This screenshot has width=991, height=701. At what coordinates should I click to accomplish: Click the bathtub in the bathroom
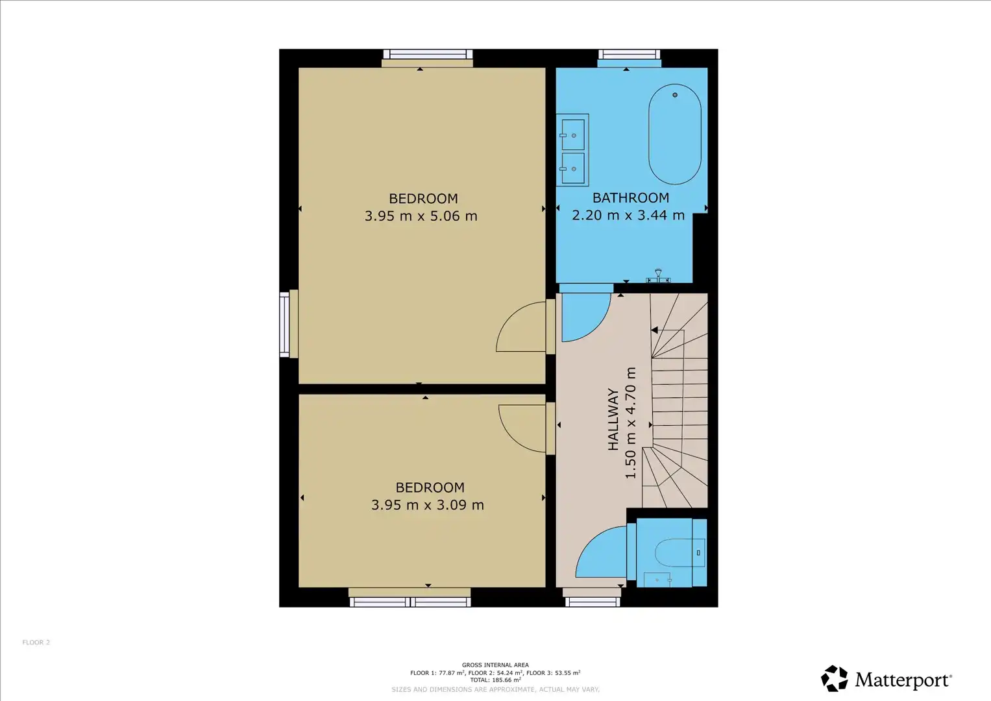coord(675,134)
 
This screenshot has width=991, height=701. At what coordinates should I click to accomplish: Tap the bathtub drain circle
coord(675,95)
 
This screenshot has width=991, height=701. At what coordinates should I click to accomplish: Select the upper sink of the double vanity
coord(573,134)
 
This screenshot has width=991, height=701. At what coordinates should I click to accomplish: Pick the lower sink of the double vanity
coord(573,168)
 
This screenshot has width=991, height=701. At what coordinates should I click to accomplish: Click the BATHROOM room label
coord(631,198)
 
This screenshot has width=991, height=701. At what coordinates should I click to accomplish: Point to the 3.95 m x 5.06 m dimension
coord(421,216)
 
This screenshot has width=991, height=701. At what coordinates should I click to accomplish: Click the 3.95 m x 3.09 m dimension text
coord(428,505)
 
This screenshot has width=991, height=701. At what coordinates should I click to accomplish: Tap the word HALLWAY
coord(613,419)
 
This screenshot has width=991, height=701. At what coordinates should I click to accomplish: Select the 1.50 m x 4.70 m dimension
coord(630,423)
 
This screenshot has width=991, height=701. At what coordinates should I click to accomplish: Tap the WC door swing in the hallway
coord(589,540)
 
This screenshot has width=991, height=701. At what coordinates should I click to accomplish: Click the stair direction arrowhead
coord(654,330)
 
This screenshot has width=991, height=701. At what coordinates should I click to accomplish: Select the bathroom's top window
coord(629,55)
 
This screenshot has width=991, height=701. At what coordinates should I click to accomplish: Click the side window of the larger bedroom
coord(284,325)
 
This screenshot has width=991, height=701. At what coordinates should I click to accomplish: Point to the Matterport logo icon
coord(835,678)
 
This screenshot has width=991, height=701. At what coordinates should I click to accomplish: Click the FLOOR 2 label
coord(36,642)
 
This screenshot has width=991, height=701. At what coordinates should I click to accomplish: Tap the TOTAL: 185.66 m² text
coord(496,680)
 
